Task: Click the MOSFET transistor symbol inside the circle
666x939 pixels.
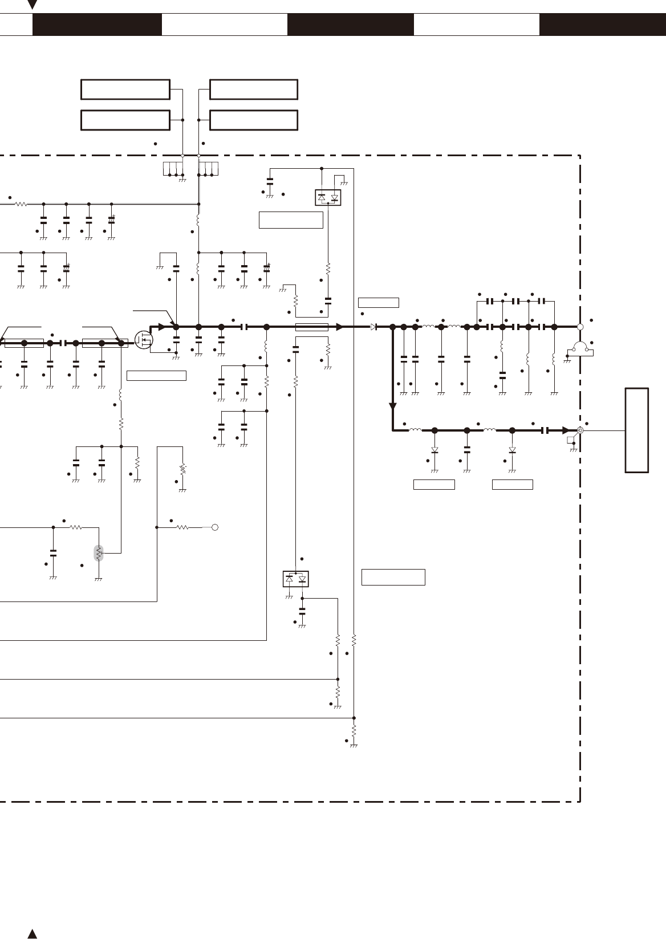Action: (144, 340)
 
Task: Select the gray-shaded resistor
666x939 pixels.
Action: (99, 552)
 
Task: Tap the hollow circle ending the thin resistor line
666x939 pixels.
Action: (215, 527)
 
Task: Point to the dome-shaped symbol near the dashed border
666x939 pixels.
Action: (580, 347)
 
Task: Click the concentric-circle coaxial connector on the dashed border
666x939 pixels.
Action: (580, 430)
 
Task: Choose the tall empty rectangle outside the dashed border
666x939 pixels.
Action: (636, 430)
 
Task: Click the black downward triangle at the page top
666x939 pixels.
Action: (33, 5)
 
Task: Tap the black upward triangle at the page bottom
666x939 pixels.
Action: (33, 934)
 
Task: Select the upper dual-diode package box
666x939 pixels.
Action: (328, 198)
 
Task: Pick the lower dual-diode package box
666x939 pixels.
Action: (295, 579)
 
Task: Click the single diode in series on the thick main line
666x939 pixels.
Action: (373, 327)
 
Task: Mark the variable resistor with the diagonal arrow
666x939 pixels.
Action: (182, 470)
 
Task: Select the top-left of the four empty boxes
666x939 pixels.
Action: (125, 90)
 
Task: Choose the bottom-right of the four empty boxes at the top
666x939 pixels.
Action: (254, 120)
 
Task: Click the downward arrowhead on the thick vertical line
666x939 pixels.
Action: (392, 406)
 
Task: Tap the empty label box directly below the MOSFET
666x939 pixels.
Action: (156, 376)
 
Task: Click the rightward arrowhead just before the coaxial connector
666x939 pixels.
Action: (565, 430)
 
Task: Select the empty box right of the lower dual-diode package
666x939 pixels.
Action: (393, 577)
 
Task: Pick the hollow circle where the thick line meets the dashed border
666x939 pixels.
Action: (580, 327)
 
